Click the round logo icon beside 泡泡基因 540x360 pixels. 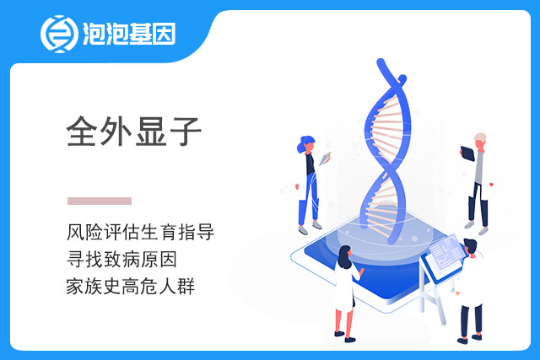point(59,34)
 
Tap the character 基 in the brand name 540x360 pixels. point(140,34)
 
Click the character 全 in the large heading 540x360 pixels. point(81,132)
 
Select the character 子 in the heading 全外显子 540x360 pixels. point(186,132)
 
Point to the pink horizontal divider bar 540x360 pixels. point(100,201)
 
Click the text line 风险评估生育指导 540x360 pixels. point(141,232)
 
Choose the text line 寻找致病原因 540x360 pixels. point(121,259)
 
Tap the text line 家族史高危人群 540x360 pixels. point(131,287)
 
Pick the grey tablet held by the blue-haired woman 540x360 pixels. point(325,159)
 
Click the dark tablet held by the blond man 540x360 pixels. point(467,153)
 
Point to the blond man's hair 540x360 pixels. point(480,137)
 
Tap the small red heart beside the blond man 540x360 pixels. point(491,184)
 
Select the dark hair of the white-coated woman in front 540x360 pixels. point(344,257)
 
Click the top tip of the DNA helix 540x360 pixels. point(381,62)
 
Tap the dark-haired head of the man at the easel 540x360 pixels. point(470,246)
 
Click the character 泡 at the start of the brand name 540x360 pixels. point(94,34)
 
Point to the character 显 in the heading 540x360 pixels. point(151,132)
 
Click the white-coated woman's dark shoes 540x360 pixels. point(345,336)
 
